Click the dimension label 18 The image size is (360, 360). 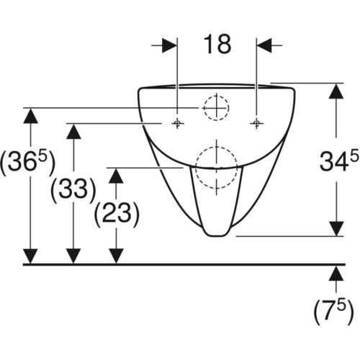tap(217, 45)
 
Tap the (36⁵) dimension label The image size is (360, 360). tap(28, 162)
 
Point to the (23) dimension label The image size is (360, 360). tap(117, 214)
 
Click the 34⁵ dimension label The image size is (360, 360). tap(339, 160)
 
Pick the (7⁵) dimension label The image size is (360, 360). tap(333, 312)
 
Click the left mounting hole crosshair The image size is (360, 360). tap(177, 123)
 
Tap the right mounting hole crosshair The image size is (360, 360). tap(256, 123)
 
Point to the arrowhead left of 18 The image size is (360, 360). tap(169, 45)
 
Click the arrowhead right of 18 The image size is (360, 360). tap(264, 45)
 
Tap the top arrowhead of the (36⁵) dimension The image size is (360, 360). tap(30, 116)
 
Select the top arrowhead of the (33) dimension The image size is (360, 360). tap(73, 131)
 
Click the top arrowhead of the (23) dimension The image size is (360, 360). tap(116, 176)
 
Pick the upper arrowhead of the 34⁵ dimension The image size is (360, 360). tap(336, 91)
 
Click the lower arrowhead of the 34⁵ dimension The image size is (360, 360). tap(336, 229)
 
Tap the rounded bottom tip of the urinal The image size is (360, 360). tap(216, 236)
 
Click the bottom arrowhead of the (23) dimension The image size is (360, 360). tap(116, 256)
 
